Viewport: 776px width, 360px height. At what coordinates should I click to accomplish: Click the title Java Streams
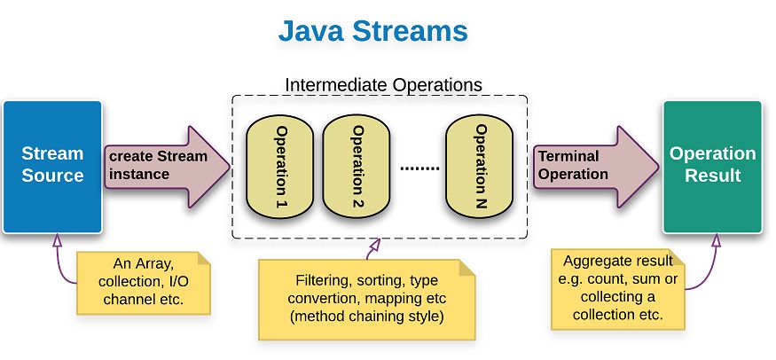(372, 31)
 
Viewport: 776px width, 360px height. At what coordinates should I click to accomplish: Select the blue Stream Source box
(52, 167)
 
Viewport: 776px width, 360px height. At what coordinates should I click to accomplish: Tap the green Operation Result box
(713, 167)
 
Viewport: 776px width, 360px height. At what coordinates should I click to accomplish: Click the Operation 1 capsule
(279, 167)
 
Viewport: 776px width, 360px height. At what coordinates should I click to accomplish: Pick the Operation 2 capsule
(357, 167)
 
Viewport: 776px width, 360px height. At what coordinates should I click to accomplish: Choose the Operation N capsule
(479, 167)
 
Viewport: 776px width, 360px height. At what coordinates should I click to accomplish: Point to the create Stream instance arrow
(168, 167)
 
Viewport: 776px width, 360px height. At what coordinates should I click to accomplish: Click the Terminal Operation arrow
(596, 167)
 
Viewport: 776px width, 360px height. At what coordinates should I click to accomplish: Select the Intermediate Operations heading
(383, 84)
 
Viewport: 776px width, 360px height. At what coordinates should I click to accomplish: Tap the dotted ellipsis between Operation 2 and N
(419, 168)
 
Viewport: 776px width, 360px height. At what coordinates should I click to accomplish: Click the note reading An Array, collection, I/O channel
(144, 283)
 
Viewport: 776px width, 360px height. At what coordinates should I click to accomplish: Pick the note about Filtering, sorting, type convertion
(367, 300)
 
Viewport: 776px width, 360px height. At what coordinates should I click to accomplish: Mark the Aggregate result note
(618, 289)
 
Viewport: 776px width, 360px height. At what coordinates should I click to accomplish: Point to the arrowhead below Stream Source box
(57, 240)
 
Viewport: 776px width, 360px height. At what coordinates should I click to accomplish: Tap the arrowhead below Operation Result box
(716, 240)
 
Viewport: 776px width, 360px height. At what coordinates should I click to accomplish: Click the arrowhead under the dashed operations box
(374, 246)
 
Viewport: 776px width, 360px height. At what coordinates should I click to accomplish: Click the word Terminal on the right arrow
(568, 156)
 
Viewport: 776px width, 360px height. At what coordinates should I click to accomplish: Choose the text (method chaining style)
(366, 317)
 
